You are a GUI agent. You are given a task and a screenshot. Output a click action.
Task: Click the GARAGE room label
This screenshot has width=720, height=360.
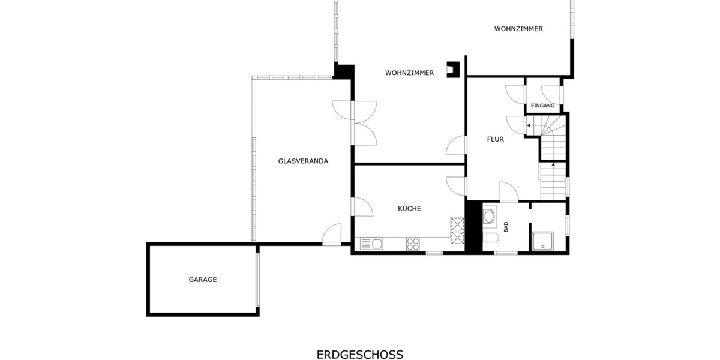pos(202,280)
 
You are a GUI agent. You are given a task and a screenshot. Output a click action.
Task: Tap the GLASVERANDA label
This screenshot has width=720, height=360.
pos(303,161)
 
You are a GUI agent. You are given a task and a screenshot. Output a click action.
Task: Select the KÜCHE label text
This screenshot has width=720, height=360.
pos(409,209)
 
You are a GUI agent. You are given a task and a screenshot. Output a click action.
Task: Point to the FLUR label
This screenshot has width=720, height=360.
pos(495,139)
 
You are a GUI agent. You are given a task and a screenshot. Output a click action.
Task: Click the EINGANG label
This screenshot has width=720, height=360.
pos(542,106)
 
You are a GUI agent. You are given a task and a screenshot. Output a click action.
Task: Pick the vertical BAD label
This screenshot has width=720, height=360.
pos(506,227)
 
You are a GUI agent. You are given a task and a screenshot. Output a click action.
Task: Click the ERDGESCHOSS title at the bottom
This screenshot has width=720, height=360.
pos(360,355)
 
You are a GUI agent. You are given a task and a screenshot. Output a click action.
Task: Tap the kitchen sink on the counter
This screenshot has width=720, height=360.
pos(372,244)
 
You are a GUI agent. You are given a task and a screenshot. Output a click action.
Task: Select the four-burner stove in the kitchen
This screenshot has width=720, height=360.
pos(413,244)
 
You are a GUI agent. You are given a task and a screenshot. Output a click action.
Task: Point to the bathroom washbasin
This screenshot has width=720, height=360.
pos(489,216)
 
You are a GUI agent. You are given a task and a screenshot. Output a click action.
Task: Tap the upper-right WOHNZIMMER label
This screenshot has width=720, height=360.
pos(518,29)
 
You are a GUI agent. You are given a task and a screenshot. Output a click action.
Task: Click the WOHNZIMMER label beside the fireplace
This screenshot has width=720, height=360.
pos(409,73)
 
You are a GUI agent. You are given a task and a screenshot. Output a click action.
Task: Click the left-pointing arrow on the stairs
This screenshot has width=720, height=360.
pos(528,125)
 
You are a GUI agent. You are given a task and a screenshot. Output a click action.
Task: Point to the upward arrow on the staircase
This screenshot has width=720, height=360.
pos(553,163)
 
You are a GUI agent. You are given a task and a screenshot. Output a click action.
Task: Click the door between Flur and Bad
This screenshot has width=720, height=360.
pos(508,192)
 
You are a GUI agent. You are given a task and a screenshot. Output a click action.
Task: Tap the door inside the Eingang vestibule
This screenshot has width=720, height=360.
pos(551,94)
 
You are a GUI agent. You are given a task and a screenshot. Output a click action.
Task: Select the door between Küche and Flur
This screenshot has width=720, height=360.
pos(456,185)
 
